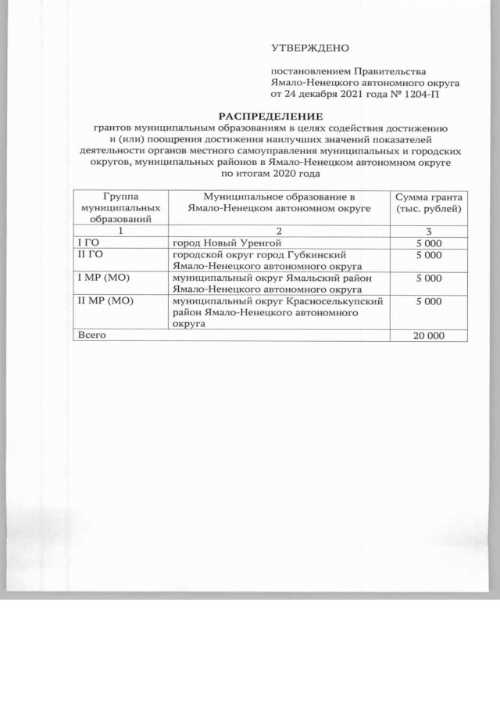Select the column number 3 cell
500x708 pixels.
click(428, 232)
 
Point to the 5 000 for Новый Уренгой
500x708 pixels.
click(429, 243)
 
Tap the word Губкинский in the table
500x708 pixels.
click(317, 255)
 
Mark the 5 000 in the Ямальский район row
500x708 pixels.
click(429, 278)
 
